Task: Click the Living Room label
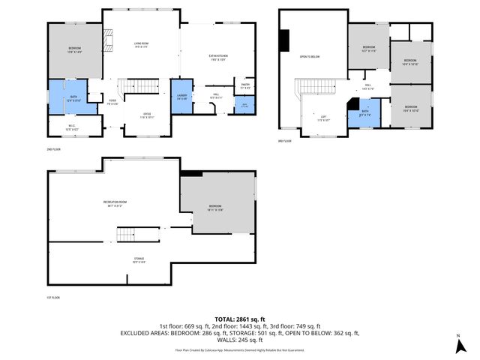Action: point(139,44)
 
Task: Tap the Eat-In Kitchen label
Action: point(217,56)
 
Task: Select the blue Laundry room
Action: point(182,97)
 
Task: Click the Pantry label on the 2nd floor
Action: point(245,86)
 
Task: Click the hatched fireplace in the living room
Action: point(109,39)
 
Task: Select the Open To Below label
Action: point(310,56)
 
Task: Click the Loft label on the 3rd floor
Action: point(323,118)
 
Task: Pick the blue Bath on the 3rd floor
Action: point(364,114)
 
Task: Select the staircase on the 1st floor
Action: point(128,235)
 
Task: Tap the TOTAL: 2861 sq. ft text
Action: point(236,319)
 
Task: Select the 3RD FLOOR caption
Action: point(286,140)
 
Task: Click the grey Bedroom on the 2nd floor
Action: point(73,50)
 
